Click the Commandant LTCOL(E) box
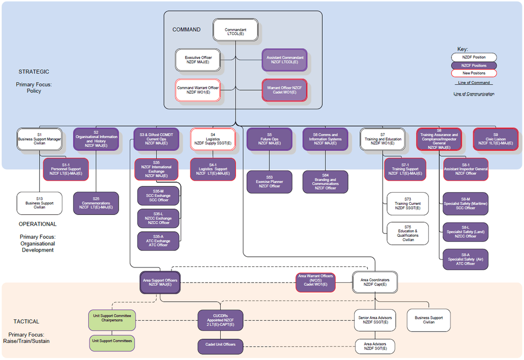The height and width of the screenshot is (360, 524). click(236, 31)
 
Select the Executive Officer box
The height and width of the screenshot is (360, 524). click(198, 60)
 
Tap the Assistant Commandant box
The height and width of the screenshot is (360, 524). click(285, 60)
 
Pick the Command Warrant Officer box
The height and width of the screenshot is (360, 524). click(198, 90)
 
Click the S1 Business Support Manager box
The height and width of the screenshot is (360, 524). click(39, 139)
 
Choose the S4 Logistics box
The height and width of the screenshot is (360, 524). click(213, 139)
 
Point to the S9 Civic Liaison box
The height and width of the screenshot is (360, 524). click(495, 139)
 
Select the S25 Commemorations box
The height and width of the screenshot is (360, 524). click(96, 203)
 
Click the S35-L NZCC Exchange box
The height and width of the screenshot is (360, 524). click(158, 218)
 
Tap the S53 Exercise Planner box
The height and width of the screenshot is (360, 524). click(269, 182)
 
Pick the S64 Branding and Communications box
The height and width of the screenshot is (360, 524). click(326, 182)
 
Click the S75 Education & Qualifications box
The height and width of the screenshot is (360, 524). click(408, 234)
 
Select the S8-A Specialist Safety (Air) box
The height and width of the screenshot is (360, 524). click(465, 259)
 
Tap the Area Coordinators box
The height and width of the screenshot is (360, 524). click(375, 282)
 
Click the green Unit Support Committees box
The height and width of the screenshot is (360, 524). click(112, 341)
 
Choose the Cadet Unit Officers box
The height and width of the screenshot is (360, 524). click(220, 345)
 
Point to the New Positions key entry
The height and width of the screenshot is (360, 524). click(474, 73)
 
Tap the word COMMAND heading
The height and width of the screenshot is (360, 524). click(186, 30)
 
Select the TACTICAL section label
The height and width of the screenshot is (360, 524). click(26, 321)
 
